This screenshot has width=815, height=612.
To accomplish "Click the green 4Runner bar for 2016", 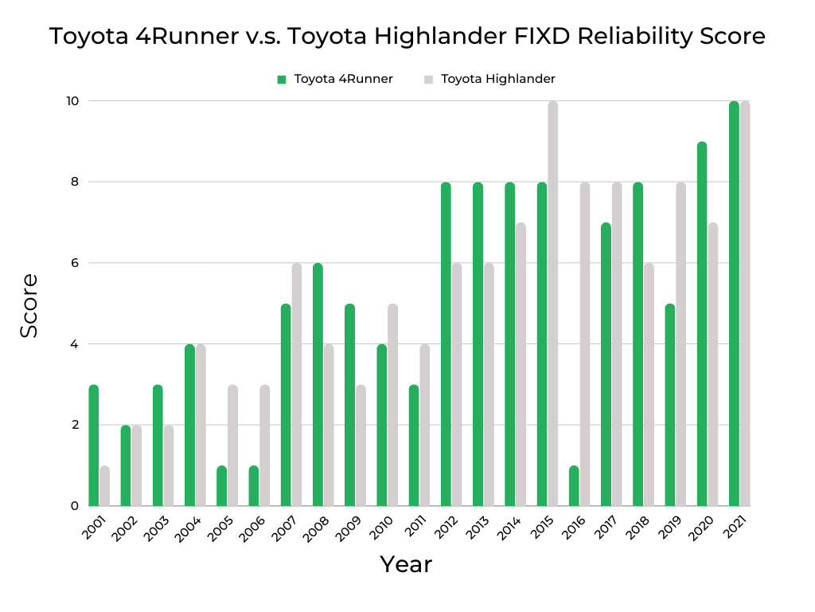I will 575,486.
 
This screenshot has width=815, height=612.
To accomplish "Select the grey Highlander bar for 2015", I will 553,304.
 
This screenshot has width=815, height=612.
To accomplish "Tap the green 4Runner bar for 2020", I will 702,324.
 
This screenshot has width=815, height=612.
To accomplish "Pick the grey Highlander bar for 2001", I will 104,486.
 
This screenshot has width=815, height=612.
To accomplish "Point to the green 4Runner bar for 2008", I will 318,385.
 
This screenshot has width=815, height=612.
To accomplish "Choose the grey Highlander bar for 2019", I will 681,344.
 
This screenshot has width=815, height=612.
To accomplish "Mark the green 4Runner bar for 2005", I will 222,486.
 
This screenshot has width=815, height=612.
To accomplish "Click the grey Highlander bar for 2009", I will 361,445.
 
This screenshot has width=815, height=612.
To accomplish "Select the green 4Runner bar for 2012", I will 446,344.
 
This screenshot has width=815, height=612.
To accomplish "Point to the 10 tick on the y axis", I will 72,101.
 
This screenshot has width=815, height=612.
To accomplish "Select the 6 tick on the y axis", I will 74,263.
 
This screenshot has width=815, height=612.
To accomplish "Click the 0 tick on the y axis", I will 74,506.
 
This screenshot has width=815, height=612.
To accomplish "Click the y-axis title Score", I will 29,305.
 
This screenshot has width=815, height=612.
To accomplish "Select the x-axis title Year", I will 406,564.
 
